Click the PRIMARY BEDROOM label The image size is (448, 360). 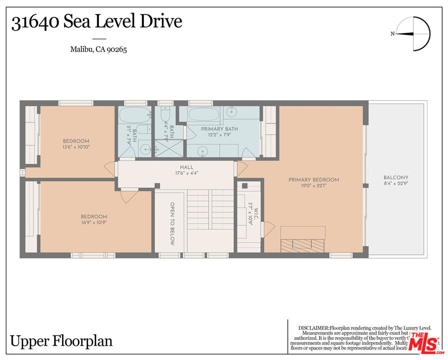(x=314, y=180)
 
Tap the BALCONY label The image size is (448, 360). (x=396, y=177)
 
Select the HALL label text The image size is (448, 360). (x=187, y=167)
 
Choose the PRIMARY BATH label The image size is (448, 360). (x=219, y=129)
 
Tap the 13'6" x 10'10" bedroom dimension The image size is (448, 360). (x=76, y=147)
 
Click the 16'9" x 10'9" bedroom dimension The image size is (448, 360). (x=94, y=223)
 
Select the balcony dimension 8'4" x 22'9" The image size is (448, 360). (x=396, y=184)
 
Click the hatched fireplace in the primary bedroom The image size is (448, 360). (x=302, y=245)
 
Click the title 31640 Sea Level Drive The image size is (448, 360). (x=96, y=22)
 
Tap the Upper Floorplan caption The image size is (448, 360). (x=61, y=341)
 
